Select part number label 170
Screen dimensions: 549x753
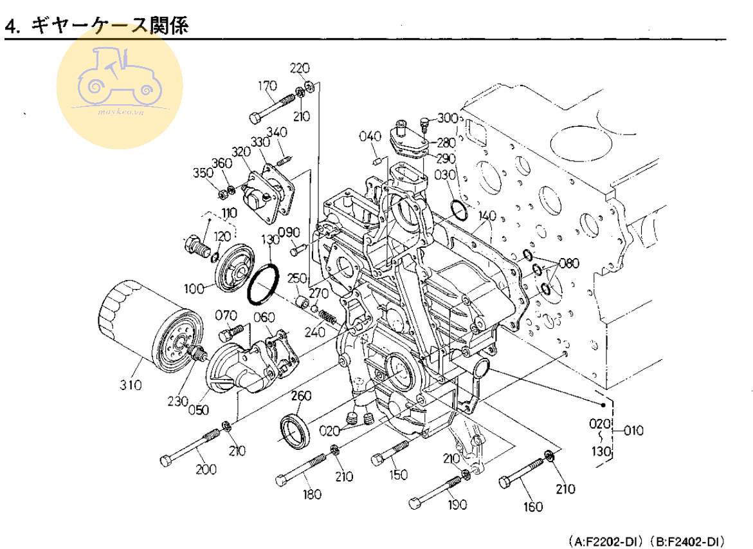click(267, 86)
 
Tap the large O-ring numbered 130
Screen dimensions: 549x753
click(263, 284)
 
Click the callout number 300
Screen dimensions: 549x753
click(448, 118)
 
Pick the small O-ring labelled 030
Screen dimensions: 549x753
click(459, 210)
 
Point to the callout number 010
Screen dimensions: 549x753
click(633, 429)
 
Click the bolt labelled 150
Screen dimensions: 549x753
click(390, 452)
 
